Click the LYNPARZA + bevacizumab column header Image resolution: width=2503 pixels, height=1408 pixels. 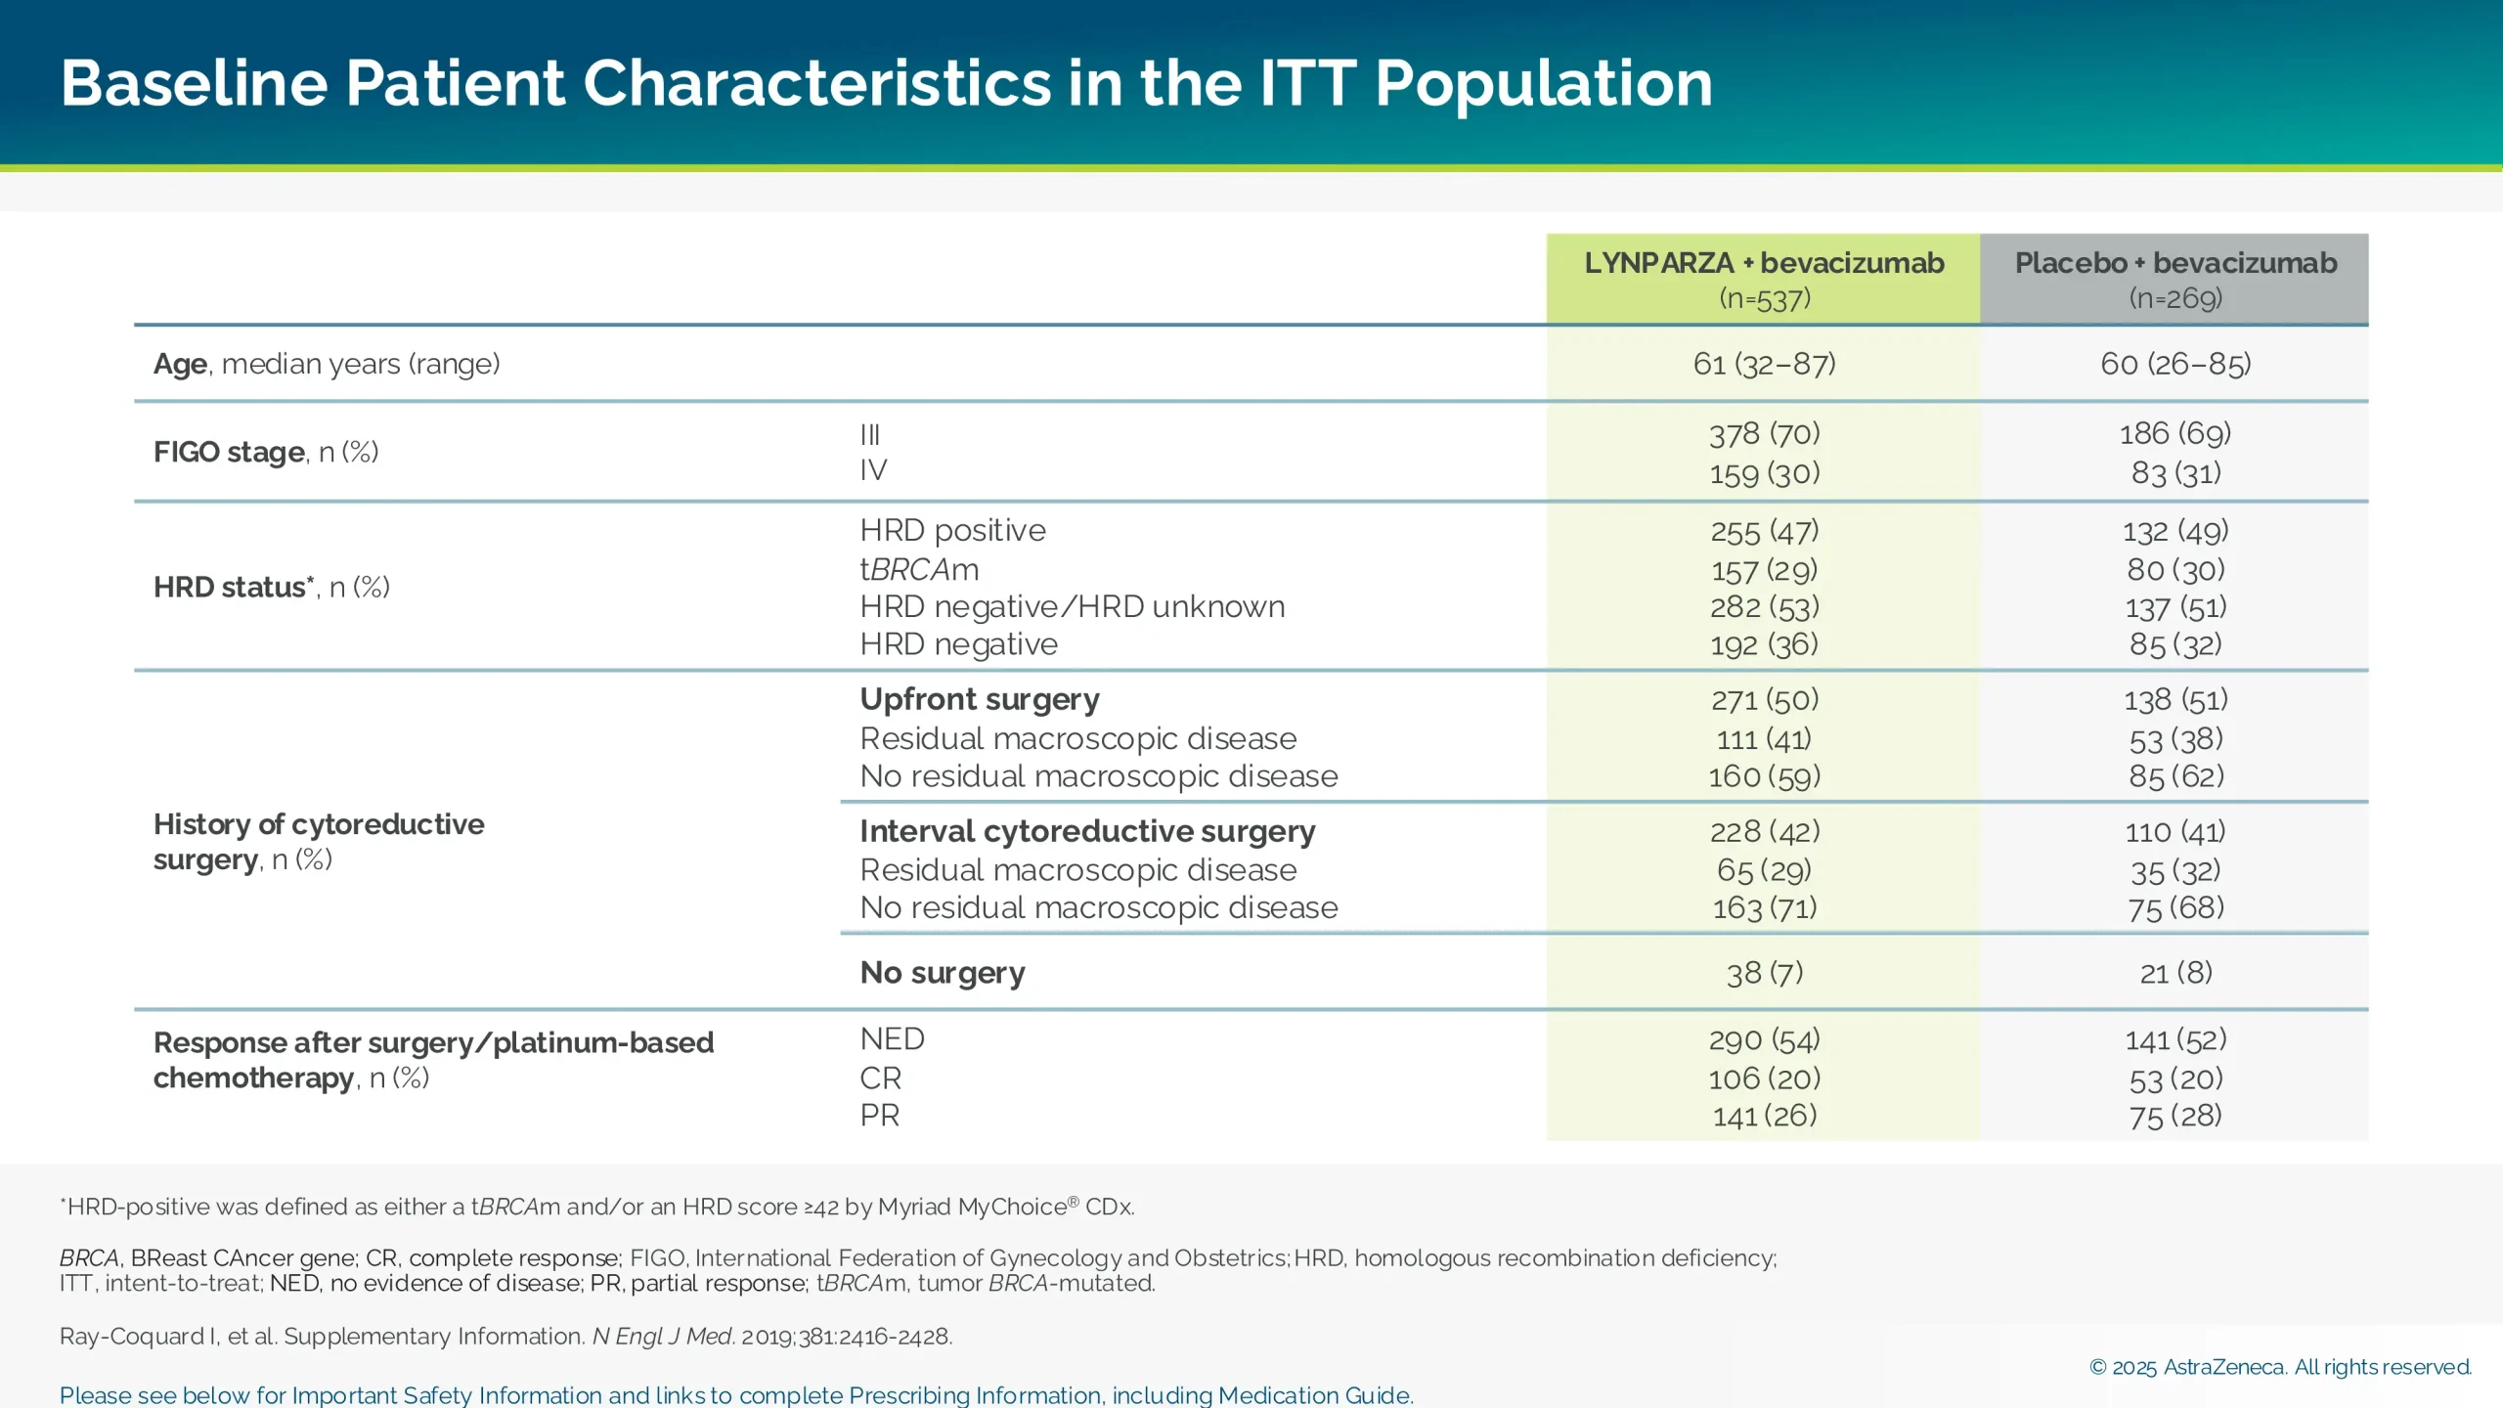[1763, 279]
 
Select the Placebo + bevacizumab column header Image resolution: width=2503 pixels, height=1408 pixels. [2174, 279]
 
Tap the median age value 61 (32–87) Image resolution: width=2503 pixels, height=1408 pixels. [1764, 364]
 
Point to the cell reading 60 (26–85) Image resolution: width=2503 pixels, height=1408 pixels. [2175, 364]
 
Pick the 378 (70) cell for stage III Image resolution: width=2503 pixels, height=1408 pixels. [1764, 433]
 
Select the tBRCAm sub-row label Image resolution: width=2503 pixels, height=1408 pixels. [919, 569]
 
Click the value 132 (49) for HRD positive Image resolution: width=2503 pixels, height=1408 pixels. [2175, 531]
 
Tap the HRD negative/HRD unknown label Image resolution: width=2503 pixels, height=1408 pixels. [1072, 606]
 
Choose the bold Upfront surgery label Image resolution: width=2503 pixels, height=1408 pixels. [980, 699]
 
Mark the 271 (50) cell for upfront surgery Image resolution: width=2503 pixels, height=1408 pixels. [1764, 699]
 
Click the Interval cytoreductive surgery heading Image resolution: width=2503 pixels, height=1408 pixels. [1087, 831]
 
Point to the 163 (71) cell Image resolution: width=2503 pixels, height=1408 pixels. [1764, 907]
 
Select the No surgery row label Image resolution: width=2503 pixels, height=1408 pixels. [943, 973]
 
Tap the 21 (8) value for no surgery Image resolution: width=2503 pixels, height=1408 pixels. [2175, 973]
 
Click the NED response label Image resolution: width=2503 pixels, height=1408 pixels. [892, 1038]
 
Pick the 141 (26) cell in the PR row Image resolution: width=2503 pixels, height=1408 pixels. [1764, 1116]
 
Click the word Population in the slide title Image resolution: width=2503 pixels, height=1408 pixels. [1544, 84]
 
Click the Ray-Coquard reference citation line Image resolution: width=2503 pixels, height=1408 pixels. [505, 1337]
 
